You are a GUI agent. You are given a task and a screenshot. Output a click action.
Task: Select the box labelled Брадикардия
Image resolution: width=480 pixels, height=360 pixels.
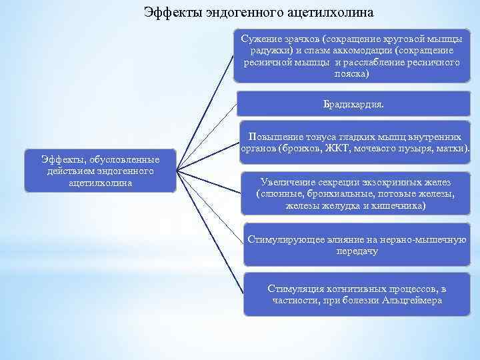353,105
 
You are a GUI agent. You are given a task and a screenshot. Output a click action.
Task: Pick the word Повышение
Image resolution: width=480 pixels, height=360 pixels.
274,135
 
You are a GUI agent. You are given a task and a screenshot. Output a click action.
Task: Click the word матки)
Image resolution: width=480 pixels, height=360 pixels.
451,147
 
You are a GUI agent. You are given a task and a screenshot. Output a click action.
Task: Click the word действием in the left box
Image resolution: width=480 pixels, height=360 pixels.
67,171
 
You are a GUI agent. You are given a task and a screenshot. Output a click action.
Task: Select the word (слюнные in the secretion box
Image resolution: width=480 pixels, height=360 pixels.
276,195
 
